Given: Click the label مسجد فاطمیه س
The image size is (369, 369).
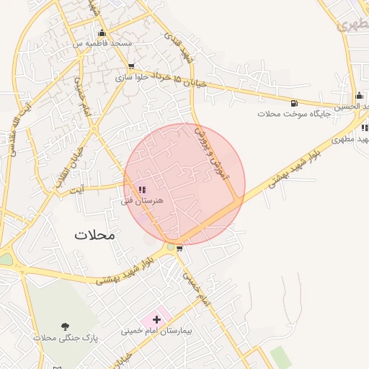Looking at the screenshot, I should point(102,43).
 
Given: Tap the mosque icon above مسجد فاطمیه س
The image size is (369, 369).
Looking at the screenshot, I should point(102,32).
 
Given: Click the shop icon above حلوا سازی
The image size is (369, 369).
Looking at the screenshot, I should point(130,66).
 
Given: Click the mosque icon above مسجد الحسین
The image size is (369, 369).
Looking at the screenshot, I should point(359,95).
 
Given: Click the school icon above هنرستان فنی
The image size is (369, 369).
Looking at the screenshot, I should point(141,190).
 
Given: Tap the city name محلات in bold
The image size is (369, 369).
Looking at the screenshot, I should point(94,235).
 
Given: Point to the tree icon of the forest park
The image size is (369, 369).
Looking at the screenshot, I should point(66,326).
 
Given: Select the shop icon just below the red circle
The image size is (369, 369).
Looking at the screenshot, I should point(179,249).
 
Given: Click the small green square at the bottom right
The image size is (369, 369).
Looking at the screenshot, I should point(279,355).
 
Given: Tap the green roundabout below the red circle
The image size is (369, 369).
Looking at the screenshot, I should point(171,247).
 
